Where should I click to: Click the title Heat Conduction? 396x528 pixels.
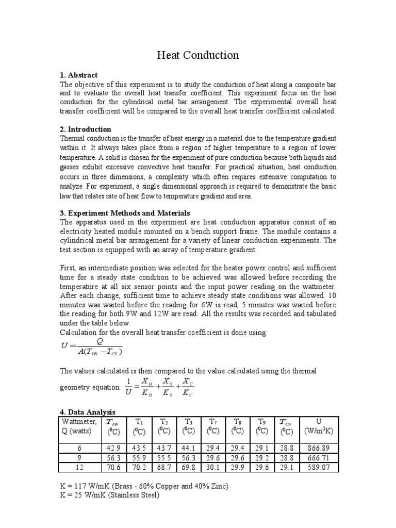pyautogui.click(x=198, y=55)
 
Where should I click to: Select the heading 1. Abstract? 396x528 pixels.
pyautogui.click(x=79, y=75)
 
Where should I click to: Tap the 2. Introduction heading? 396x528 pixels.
pyautogui.click(x=86, y=129)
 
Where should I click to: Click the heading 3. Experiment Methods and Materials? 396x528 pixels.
pyautogui.click(x=125, y=213)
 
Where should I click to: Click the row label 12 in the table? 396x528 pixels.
pyautogui.click(x=79, y=468)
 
